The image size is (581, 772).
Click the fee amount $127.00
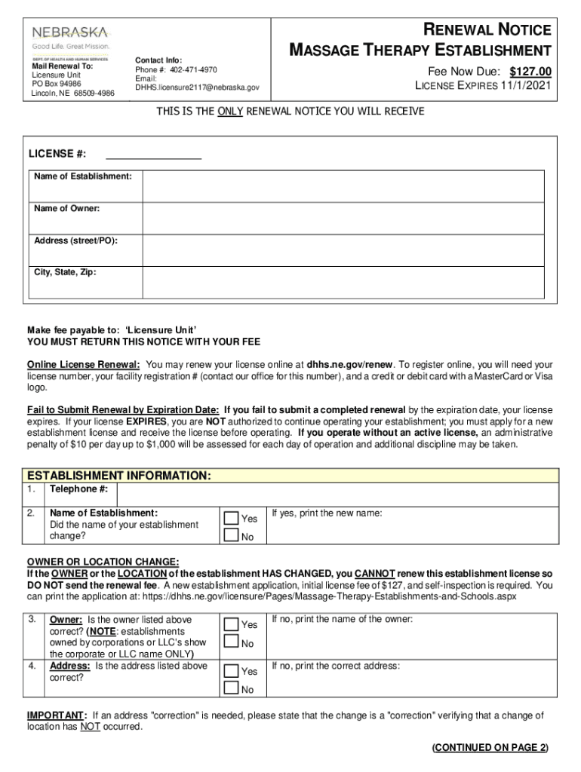(530, 72)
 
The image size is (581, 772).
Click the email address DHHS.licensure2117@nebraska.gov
(197, 87)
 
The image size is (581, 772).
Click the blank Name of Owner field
(343, 219)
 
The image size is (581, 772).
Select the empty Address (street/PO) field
(343, 250)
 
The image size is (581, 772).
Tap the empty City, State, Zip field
(343, 282)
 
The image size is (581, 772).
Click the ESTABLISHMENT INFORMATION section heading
(119, 476)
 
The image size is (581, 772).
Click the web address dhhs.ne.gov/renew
(350, 363)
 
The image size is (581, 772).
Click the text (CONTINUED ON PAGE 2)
(490, 748)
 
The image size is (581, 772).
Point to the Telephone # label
(78, 489)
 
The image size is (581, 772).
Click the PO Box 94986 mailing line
(56, 84)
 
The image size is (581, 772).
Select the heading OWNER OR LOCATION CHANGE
(103, 562)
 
